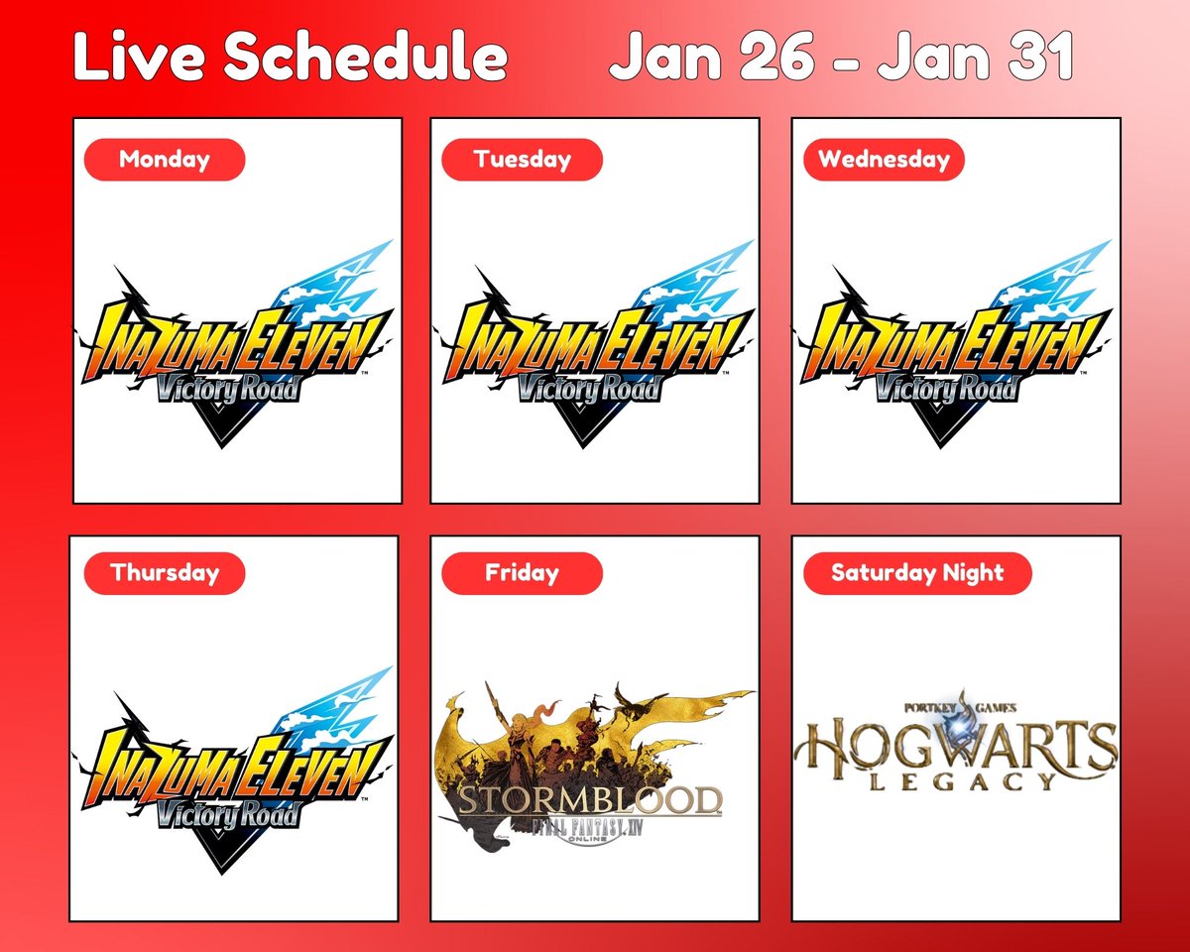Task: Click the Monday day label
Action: [164, 160]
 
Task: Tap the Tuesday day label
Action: [522, 160]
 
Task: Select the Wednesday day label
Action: [883, 160]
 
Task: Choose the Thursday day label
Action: [165, 573]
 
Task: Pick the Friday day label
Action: [522, 573]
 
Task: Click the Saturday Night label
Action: [916, 573]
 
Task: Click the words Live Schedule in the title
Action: [290, 60]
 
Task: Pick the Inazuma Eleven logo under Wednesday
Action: [954, 347]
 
